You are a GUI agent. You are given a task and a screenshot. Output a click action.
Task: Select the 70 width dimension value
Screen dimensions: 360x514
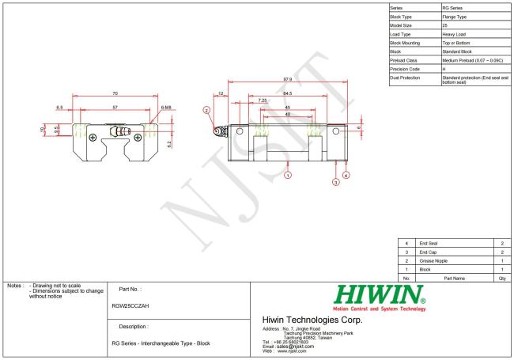[x=116, y=94]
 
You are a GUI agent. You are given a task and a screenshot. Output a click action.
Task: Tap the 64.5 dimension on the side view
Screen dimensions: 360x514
[x=286, y=93]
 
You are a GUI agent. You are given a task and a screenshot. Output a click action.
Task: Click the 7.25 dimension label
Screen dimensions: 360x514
[x=262, y=100]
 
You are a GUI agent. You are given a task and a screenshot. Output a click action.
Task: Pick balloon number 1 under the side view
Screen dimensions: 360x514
[x=288, y=174]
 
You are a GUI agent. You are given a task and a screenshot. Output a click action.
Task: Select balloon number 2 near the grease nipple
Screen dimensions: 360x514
[x=207, y=111]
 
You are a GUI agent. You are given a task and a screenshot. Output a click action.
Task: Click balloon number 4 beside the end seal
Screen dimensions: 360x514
[x=346, y=174]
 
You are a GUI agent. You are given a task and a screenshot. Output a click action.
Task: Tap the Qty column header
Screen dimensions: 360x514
[x=503, y=279]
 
